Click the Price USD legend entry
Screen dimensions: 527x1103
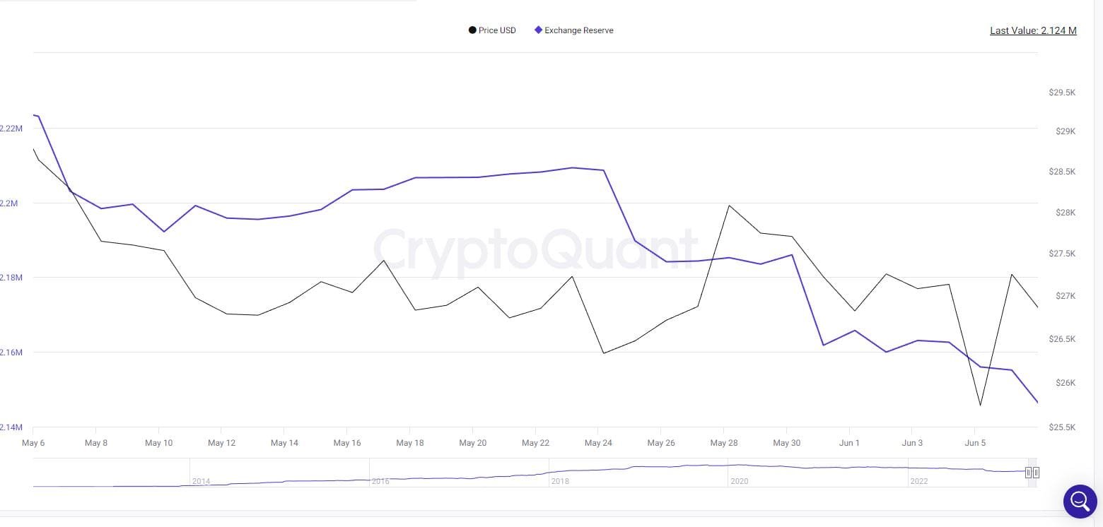493,30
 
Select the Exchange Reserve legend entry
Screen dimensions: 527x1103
574,30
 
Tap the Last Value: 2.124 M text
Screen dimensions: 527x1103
1033,30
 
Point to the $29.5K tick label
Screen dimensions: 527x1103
1062,93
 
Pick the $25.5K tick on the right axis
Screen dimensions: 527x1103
1062,427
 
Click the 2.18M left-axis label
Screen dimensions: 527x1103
11,278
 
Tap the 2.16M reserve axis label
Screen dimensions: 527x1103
11,352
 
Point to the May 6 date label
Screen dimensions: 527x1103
33,443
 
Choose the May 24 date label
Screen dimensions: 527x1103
598,443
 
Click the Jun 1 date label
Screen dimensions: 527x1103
849,443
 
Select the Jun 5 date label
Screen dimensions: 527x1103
975,443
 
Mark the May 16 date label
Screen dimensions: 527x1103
347,443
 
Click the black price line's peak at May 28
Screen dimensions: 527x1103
728,206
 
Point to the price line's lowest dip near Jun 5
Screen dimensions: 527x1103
980,405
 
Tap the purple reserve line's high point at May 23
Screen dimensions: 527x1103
572,167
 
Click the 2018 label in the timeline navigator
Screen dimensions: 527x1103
560,481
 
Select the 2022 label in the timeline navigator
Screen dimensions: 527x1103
918,481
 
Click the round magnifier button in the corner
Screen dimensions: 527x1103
1080,501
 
